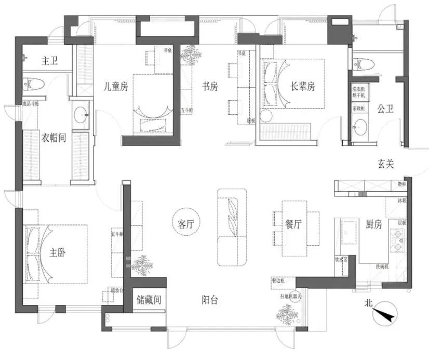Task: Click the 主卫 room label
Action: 49,61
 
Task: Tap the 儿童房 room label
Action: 115,87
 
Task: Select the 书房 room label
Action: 209,87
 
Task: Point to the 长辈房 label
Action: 302,87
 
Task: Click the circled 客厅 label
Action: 186,224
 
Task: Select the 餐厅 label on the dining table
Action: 294,224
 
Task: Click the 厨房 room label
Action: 373,224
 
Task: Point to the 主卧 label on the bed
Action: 58,252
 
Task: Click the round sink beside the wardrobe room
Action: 81,115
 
